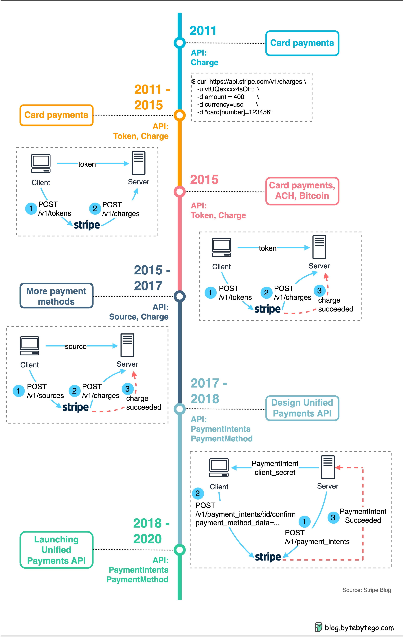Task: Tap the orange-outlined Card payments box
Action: click(x=56, y=115)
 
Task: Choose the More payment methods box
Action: click(x=56, y=296)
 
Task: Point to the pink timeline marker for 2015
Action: click(x=180, y=192)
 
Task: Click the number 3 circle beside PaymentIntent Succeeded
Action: click(x=333, y=518)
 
